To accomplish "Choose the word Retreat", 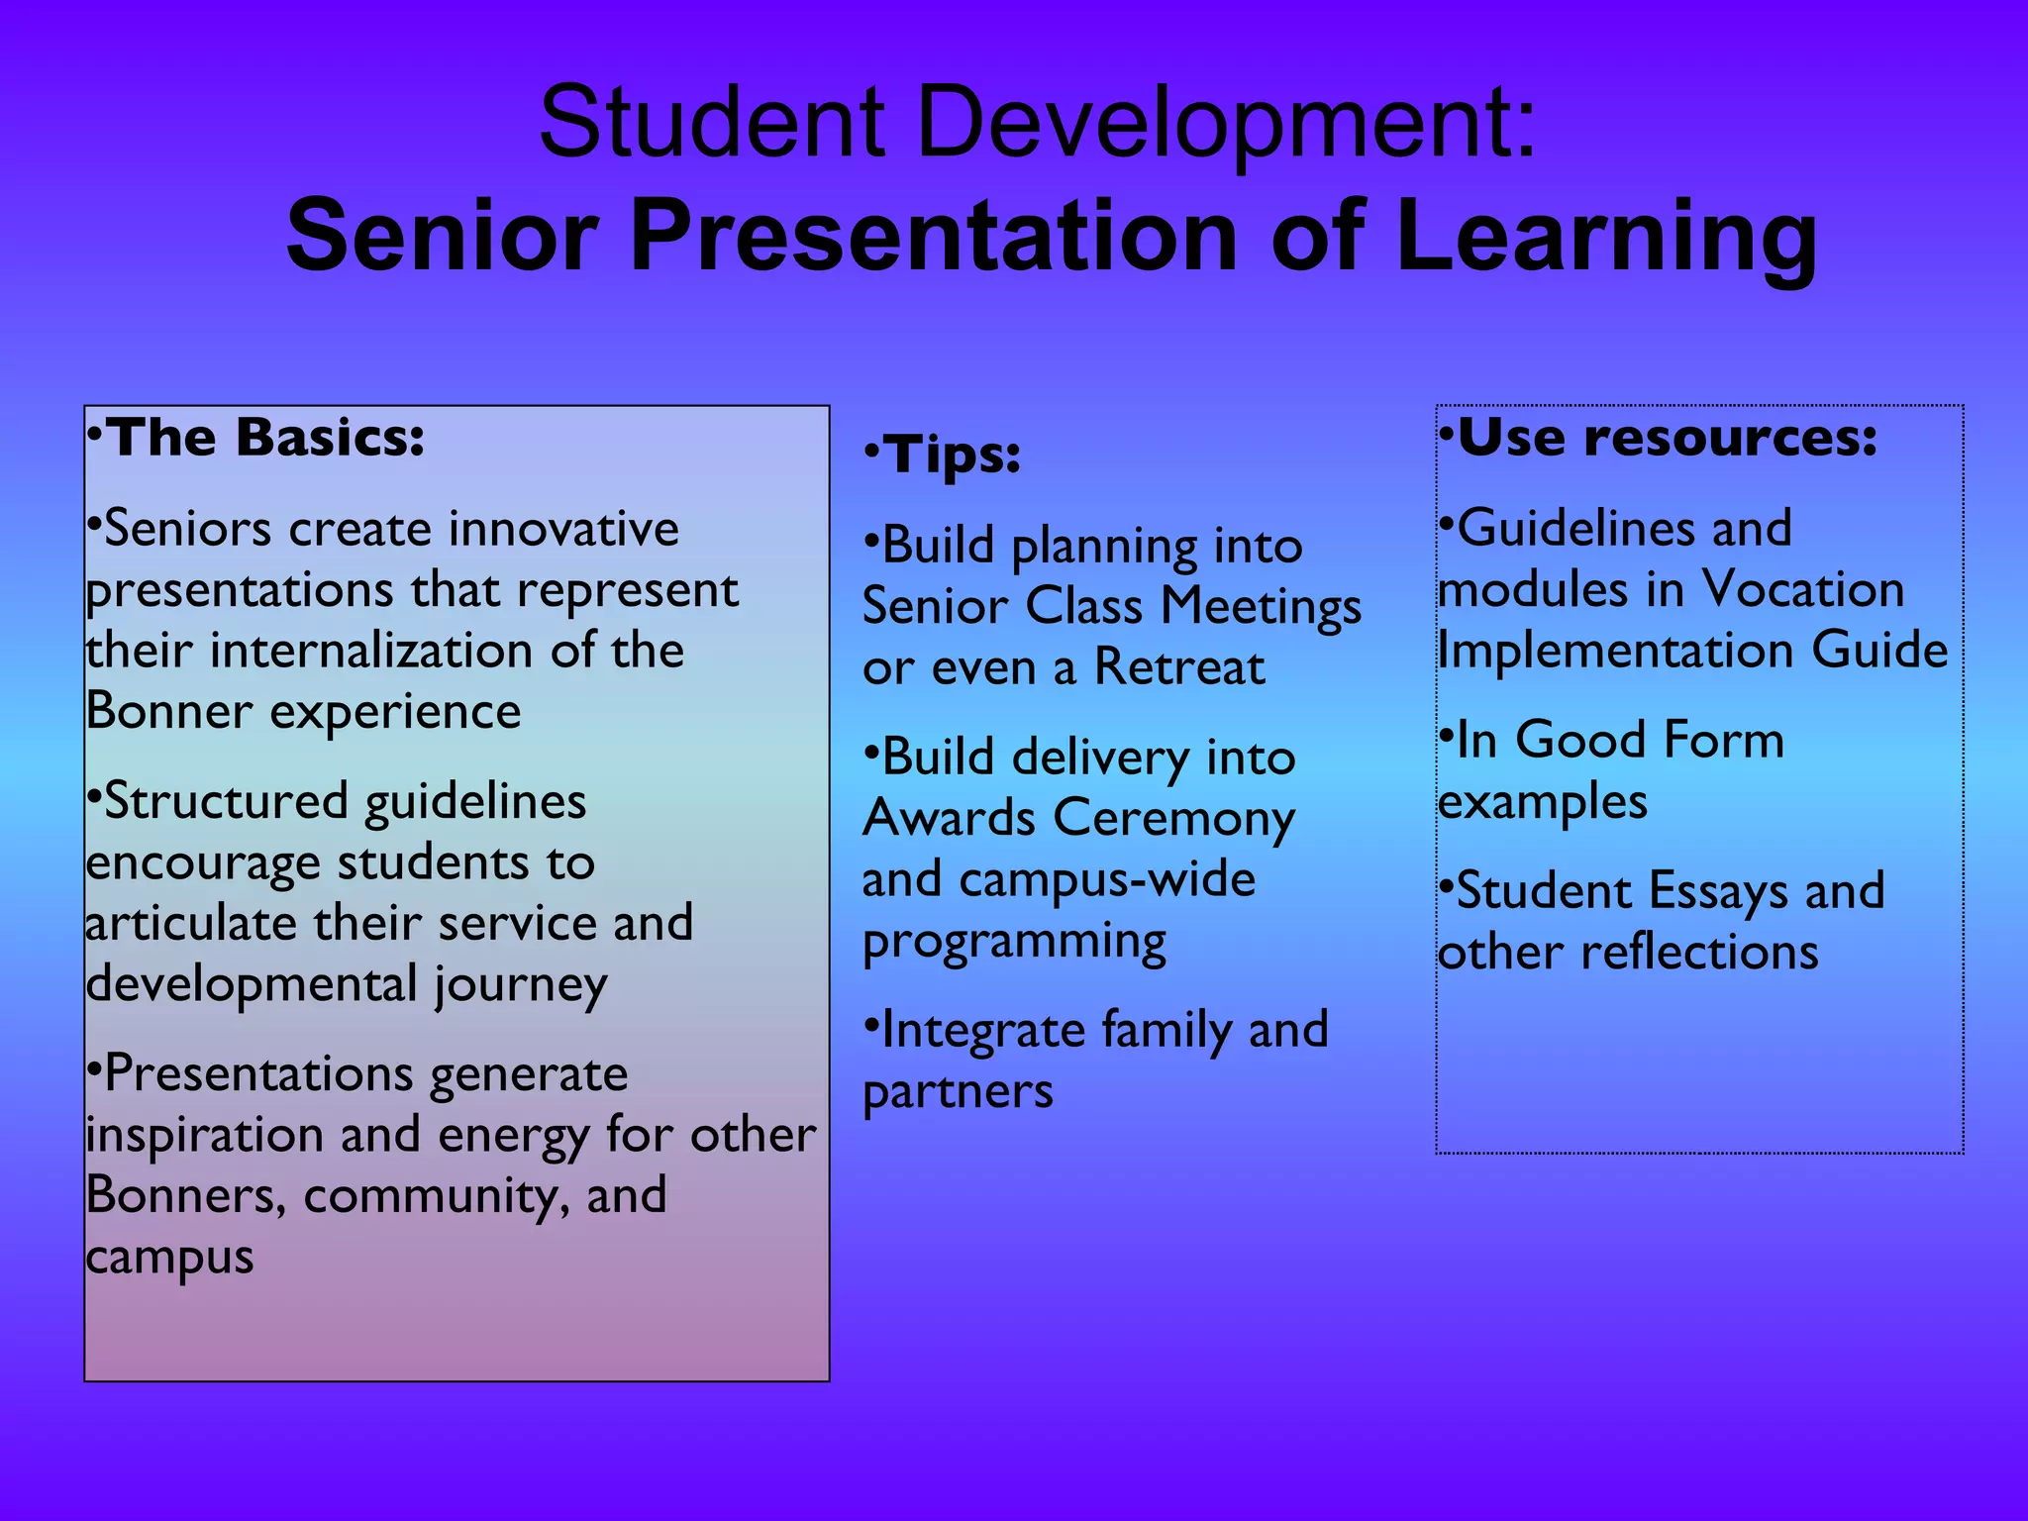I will coord(1178,667).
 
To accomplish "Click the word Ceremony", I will coord(1173,819).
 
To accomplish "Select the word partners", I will coord(958,1092).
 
